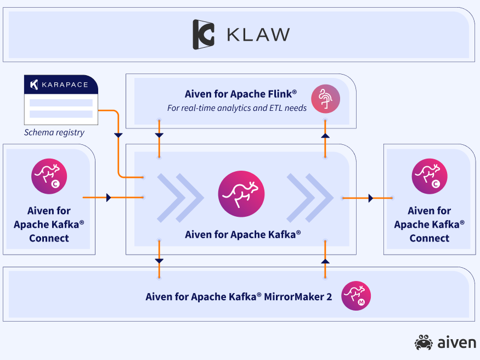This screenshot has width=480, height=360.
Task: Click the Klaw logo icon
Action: tap(203, 35)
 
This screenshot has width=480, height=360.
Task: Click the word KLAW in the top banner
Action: tap(258, 35)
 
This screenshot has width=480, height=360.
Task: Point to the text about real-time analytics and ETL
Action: tap(236, 108)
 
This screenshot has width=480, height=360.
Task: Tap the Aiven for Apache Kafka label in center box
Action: tap(242, 234)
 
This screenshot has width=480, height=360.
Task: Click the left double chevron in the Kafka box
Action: tap(177, 198)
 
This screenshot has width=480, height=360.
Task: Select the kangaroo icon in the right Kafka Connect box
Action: tap(430, 176)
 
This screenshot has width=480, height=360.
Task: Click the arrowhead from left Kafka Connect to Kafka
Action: tap(109, 198)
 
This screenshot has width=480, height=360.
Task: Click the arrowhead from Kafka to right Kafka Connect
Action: tap(372, 198)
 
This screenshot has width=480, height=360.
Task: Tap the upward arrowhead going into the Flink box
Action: tap(325, 134)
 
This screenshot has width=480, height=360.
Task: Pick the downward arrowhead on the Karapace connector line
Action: tap(118, 134)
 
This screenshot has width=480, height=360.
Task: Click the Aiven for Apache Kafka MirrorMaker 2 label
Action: tap(239, 297)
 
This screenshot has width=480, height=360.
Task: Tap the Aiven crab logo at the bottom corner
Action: tap(423, 343)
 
